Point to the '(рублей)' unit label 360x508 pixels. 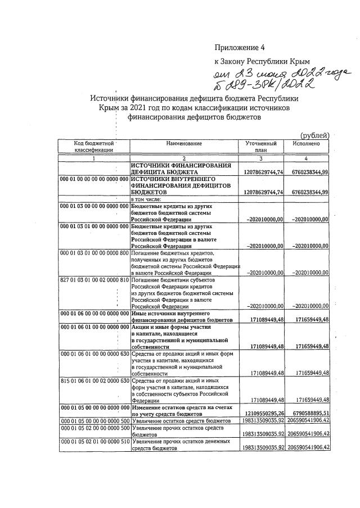coord(315,135)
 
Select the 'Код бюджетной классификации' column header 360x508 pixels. coord(94,147)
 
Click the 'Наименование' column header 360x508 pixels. coord(184,144)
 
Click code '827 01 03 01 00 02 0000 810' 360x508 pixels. coord(94,279)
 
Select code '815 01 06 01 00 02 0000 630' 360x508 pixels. coord(94,380)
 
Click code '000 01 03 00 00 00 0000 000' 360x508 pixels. coord(94,206)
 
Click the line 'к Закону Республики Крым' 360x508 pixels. coord(262,60)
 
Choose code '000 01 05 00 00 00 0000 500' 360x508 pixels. coord(94,420)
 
